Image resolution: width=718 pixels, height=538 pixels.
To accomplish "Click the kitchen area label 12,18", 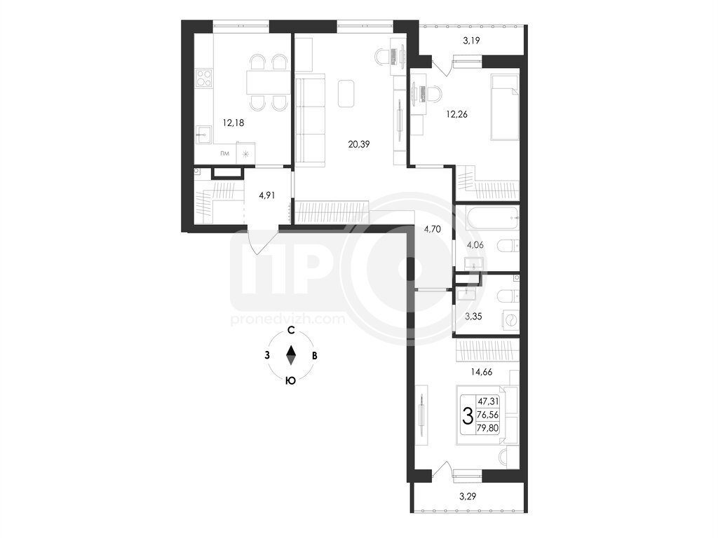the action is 233,123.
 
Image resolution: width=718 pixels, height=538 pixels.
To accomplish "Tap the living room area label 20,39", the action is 359,144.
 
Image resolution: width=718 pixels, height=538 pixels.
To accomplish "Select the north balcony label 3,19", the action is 471,41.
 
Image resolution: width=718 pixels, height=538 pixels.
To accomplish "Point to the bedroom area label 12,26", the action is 457,114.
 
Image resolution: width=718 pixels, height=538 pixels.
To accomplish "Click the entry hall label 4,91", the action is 267,195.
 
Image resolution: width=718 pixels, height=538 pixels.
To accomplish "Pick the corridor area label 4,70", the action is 432,229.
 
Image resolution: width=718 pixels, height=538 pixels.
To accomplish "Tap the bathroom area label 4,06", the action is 475,245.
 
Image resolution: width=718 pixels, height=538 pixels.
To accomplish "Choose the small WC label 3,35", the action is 473,316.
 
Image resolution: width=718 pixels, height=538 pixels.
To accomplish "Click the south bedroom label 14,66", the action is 481,373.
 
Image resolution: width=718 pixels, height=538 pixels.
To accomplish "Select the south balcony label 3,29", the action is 468,495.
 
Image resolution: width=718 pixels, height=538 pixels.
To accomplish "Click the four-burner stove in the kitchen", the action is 204,78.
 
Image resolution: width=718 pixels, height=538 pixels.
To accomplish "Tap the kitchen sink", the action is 204,134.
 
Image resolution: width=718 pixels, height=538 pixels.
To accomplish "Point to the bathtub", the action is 492,218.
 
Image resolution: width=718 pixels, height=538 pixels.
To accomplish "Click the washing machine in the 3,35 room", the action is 510,319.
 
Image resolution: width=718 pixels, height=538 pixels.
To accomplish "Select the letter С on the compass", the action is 290,331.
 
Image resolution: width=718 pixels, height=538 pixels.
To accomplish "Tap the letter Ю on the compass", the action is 290,380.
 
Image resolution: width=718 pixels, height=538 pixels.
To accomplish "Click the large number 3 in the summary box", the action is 468,416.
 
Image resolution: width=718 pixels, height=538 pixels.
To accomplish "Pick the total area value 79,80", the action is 488,428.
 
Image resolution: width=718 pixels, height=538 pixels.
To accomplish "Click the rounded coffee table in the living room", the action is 346,93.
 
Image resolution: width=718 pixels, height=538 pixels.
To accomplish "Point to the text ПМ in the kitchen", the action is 224,153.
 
